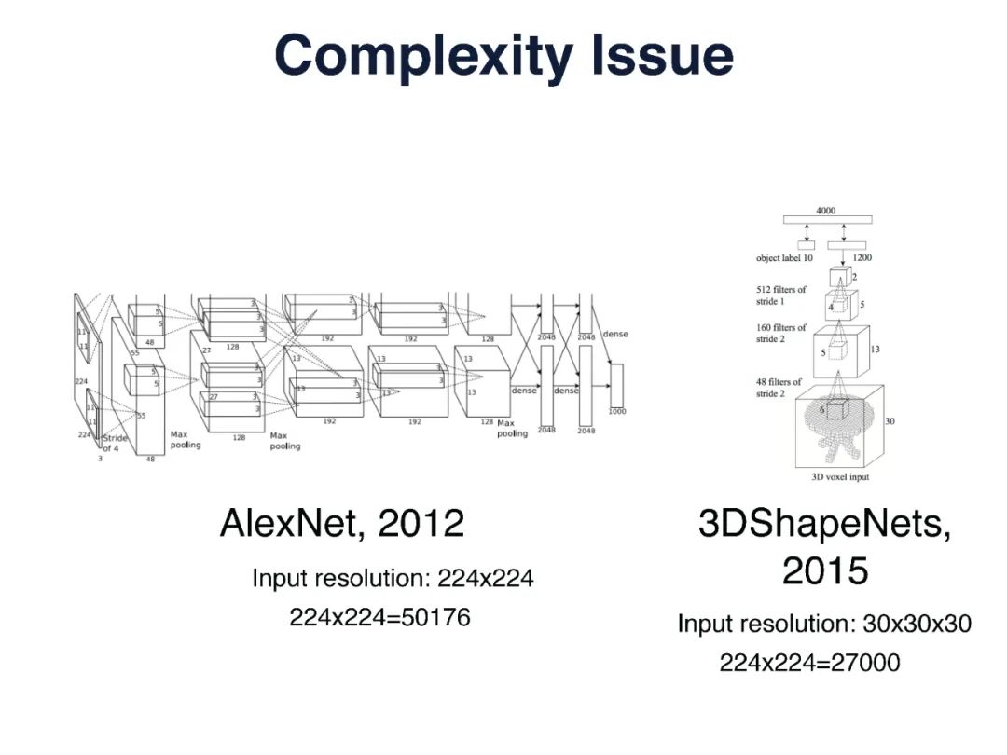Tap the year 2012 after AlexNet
421,524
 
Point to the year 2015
824,570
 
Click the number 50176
430,617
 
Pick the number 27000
860,664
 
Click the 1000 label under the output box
617,411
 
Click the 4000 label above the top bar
826,211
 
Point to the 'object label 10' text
784,258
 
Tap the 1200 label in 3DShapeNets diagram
862,258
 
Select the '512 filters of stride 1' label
782,295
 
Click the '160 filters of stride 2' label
782,333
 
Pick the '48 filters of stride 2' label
779,388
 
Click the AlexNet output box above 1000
616,385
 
